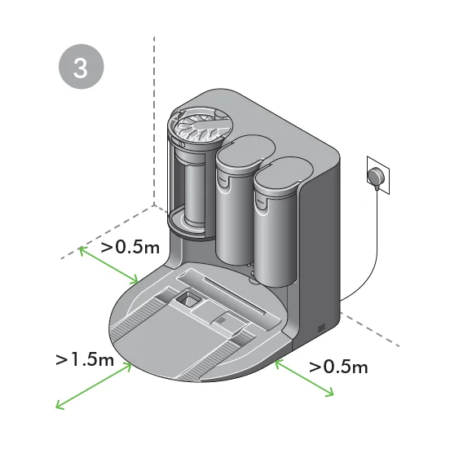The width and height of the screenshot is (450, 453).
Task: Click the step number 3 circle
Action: pos(82,68)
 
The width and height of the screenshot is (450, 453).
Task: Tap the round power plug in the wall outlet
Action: pos(374,175)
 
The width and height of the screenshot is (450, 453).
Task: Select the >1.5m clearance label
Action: pos(85,359)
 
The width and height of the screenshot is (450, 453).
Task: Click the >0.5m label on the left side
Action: pos(130,247)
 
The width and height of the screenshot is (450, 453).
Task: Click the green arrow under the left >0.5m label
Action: pos(110,266)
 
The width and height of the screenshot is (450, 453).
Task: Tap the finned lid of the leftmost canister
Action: pos(198,124)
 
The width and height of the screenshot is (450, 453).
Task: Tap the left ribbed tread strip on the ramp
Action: pos(139,326)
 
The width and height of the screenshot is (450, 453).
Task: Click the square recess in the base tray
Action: pos(189,300)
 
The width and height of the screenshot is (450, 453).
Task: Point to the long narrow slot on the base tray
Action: pos(236,297)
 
